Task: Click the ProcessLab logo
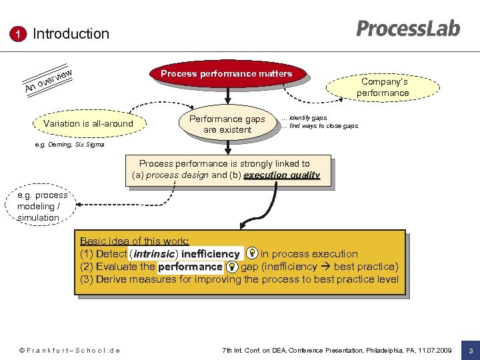point(408,29)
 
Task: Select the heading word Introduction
point(71,33)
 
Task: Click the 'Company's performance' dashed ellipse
point(383,87)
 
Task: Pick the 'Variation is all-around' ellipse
point(88,123)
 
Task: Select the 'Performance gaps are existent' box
point(227,124)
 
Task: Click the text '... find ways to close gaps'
point(319,126)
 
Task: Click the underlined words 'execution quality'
point(282,175)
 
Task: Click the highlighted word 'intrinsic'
point(154,254)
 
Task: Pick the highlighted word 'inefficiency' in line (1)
point(210,254)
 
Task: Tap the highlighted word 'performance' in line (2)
point(190,267)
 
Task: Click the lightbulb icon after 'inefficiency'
point(252,253)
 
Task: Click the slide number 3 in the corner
point(470,351)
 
